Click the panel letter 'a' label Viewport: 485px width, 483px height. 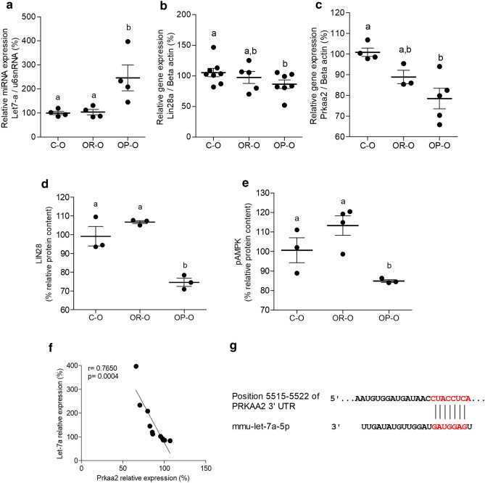coord(5,7)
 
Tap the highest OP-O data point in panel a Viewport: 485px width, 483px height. coord(127,41)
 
